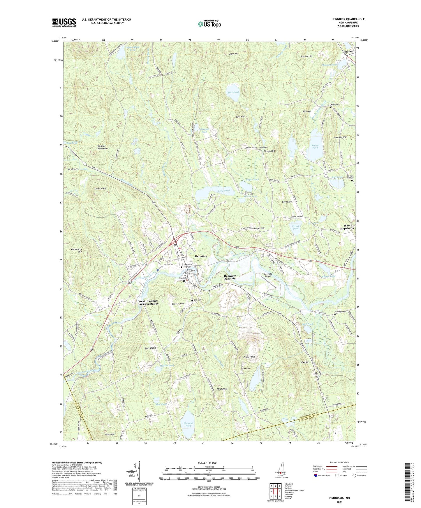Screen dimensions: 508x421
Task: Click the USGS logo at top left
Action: click(64, 22)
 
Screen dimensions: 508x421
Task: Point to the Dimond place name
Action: click(347, 51)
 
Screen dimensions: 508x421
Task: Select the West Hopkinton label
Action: click(347, 227)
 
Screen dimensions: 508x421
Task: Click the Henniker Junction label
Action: click(230, 277)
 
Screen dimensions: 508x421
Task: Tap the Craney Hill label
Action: click(249, 357)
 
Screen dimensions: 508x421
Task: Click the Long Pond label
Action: click(224, 191)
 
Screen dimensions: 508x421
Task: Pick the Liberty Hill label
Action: click(100, 189)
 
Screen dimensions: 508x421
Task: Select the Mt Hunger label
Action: click(222, 389)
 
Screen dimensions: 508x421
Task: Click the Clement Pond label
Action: click(315, 146)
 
